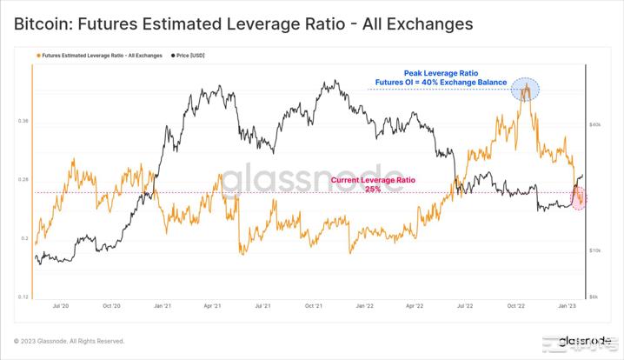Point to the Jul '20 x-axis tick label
pos(61,306)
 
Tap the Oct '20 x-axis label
pos(111,306)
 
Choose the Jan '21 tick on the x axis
pos(163,306)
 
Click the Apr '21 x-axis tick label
pos(213,306)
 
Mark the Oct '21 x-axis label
pos(314,306)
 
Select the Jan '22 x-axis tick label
pos(365,306)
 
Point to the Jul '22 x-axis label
pos(466,306)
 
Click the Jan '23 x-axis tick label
pos(567,306)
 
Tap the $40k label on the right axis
pos(595,125)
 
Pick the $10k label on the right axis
pos(595,250)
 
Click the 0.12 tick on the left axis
pos(23,297)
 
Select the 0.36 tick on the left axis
pos(23,121)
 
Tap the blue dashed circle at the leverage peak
pos(525,89)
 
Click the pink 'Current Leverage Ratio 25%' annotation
pos(373,184)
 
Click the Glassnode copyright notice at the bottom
pos(69,341)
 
